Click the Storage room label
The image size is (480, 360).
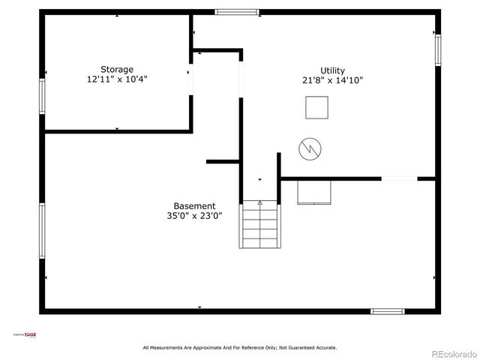117,69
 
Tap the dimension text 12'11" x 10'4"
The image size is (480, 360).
117,79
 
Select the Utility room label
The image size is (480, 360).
332,70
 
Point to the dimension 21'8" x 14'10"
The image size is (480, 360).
332,80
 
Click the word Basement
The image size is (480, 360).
194,205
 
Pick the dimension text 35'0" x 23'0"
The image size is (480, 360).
194,215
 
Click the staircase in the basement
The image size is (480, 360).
259,225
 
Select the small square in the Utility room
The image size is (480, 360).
316,109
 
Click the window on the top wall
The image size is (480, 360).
237,12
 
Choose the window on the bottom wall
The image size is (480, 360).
388,311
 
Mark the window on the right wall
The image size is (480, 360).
438,50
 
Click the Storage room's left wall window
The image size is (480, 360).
43,96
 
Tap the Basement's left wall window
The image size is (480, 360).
43,231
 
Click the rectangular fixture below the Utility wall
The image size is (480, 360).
315,192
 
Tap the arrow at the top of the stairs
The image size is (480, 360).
260,202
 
